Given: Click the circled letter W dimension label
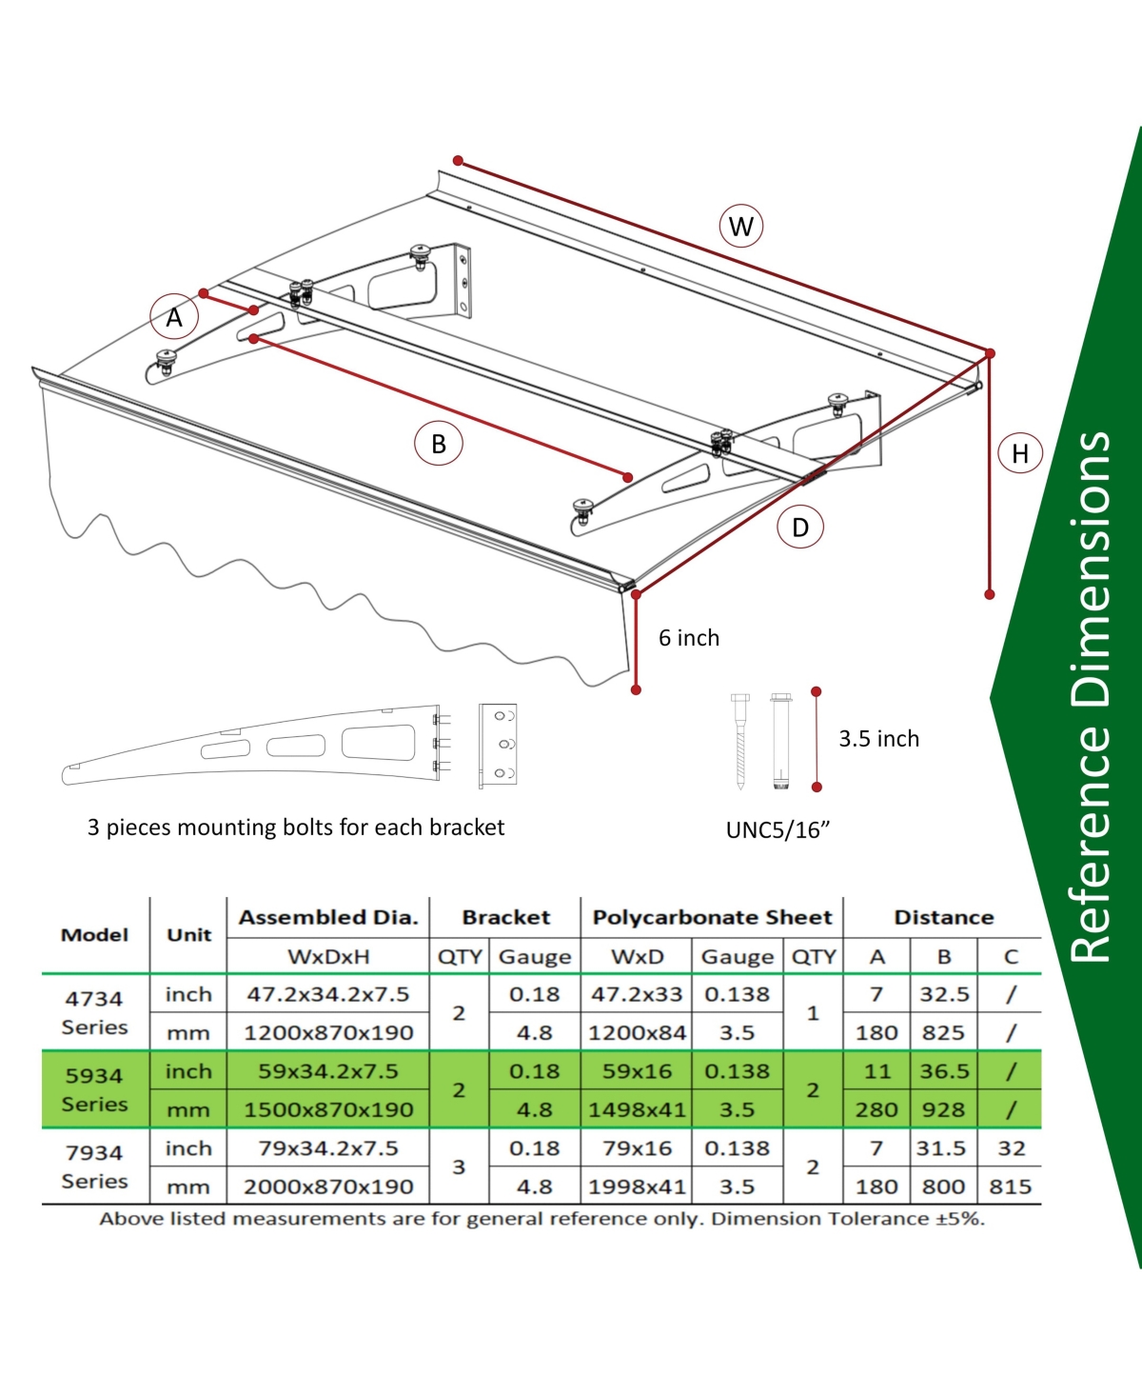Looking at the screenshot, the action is [x=741, y=226].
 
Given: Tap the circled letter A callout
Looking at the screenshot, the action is [x=174, y=317].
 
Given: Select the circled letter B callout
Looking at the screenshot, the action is [x=438, y=443].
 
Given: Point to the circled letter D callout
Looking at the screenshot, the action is [x=800, y=527].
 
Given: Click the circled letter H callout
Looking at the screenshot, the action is [x=1019, y=452].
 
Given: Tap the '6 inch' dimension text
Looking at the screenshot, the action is [x=689, y=637].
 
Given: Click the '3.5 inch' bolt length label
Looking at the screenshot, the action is [x=878, y=738].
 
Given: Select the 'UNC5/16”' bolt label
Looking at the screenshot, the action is [x=778, y=829].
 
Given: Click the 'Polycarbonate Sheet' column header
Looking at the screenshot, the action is [x=712, y=917].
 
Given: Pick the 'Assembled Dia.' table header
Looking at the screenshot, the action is [x=328, y=917].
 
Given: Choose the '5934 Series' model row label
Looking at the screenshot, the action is [x=94, y=1089].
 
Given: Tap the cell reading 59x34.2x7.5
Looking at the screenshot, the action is [x=328, y=1071].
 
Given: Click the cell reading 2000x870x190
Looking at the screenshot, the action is [x=328, y=1187].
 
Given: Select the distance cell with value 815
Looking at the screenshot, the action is [x=1011, y=1187].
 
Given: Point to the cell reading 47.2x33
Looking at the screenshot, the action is [x=637, y=993].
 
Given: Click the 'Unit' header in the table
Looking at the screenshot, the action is [x=189, y=935].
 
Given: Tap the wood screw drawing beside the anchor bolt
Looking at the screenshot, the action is [x=739, y=742].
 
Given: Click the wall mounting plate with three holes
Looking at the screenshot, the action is [x=498, y=745].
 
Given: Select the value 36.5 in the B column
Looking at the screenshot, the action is [x=944, y=1071].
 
